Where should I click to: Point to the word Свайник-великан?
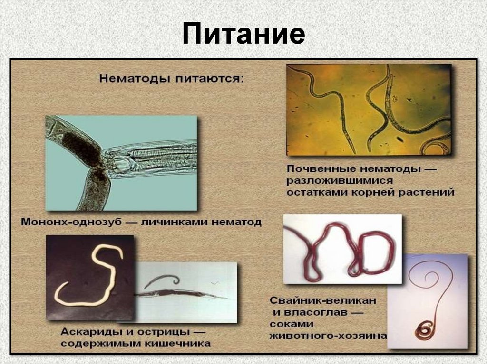click(323, 300)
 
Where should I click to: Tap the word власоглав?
click(315, 312)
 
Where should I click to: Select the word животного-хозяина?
click(328, 336)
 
